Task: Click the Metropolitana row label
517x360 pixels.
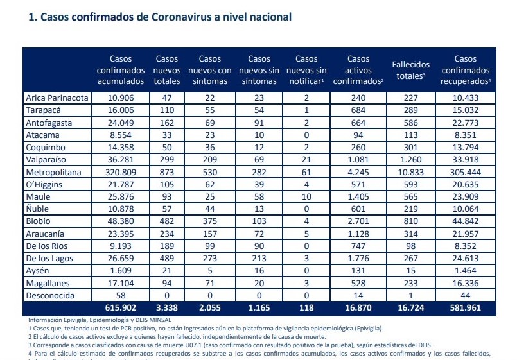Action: pos(54,173)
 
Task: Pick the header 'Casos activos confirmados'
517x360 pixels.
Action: pos(359,70)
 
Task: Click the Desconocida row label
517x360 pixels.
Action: pos(49,295)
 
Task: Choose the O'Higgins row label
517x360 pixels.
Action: pos(43,185)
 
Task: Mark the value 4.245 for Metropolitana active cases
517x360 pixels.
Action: pos(359,173)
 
